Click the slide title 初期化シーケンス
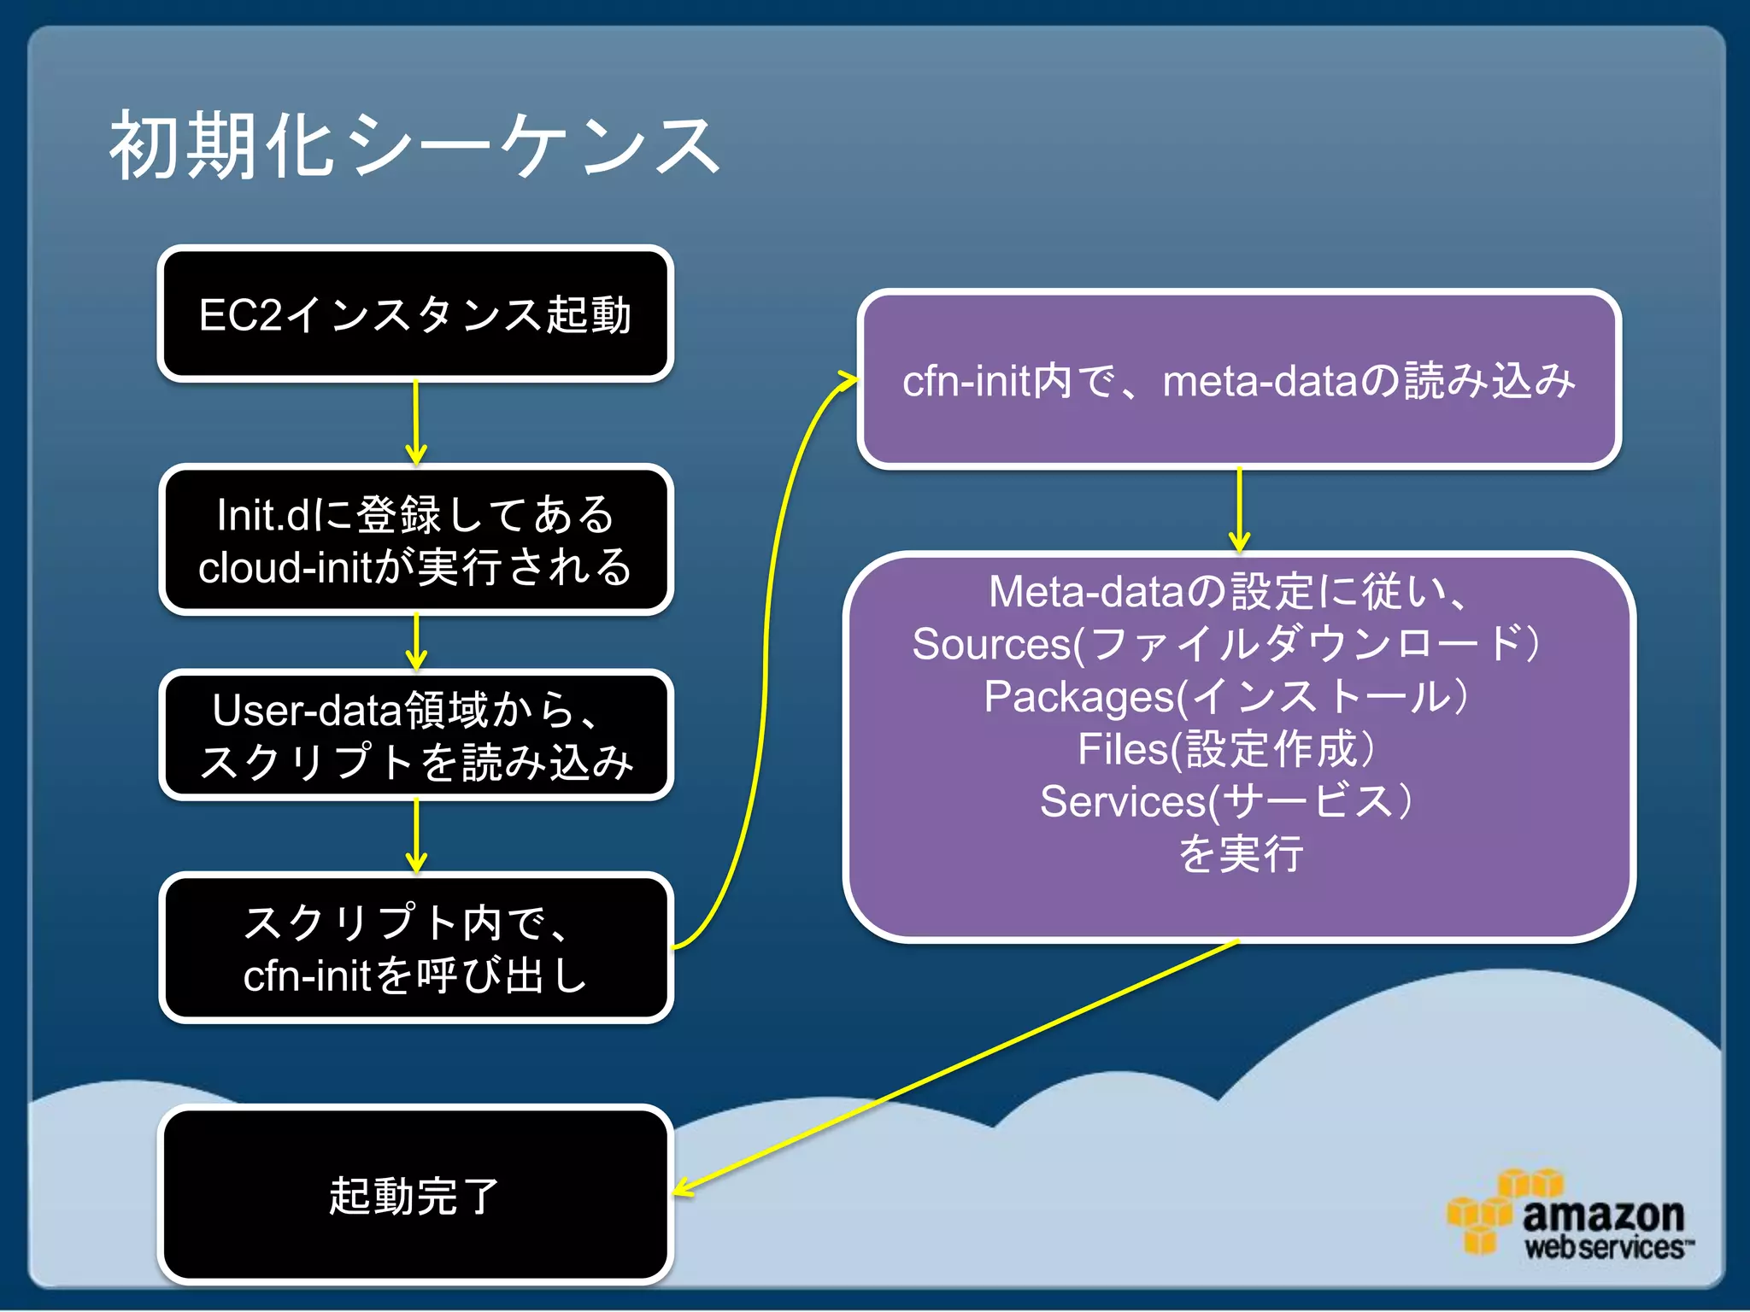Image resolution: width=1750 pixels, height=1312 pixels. [x=415, y=147]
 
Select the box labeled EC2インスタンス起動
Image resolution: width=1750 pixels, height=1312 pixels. [x=415, y=314]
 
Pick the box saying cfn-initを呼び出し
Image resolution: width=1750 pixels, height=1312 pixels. [x=415, y=948]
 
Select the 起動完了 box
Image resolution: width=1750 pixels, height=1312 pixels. [x=415, y=1194]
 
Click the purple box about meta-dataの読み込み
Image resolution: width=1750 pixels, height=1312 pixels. [x=1239, y=380]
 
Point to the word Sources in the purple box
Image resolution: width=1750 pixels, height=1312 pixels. [x=991, y=644]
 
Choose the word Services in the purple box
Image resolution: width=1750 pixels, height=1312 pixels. [x=1123, y=802]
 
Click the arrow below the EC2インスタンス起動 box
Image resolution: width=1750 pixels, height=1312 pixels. [x=416, y=422]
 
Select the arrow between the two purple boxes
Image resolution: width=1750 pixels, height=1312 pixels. [x=1239, y=510]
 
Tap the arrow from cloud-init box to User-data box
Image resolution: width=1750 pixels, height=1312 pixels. [x=416, y=641]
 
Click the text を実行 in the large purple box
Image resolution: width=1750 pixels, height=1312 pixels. [x=1241, y=854]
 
